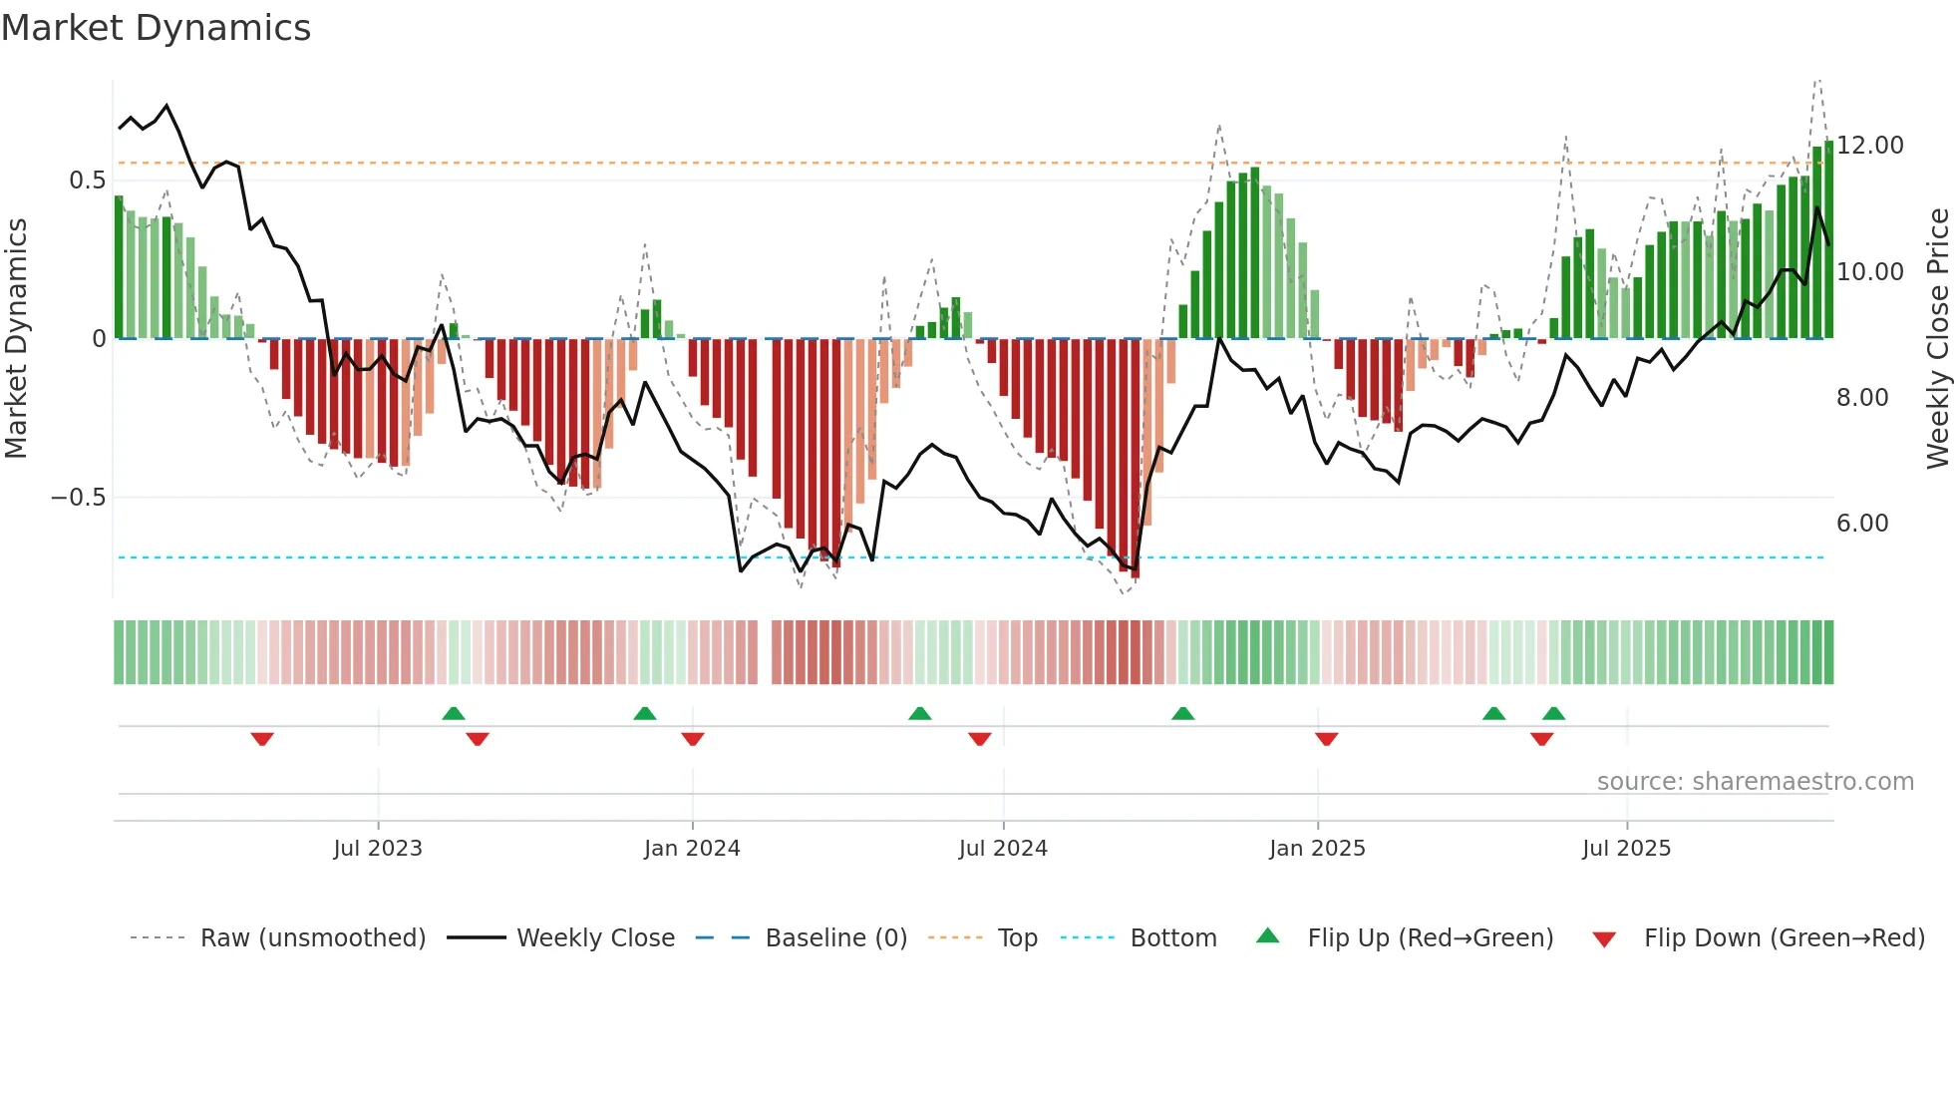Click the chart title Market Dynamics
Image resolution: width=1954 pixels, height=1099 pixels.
[157, 28]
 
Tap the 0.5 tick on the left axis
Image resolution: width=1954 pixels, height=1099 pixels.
[87, 181]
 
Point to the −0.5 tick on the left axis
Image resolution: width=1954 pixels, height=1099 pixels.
[79, 497]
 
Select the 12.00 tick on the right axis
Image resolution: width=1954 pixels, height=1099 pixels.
[1869, 146]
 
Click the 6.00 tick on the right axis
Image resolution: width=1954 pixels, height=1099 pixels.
[1862, 524]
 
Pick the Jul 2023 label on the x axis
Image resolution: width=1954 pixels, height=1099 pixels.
[378, 849]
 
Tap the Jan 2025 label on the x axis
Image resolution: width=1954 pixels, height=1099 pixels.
[1317, 849]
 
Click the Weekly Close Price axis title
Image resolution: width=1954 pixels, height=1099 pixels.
[1937, 339]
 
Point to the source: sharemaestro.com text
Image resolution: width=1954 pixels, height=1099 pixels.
[1755, 782]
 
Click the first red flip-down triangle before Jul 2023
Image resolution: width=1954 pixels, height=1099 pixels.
[262, 739]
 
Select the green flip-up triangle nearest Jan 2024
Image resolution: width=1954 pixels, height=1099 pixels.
[645, 713]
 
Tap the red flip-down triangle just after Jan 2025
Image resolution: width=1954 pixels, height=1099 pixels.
[1326, 739]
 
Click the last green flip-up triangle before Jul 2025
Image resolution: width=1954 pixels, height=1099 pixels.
[1553, 713]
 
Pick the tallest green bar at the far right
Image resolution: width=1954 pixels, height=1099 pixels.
[1828, 239]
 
